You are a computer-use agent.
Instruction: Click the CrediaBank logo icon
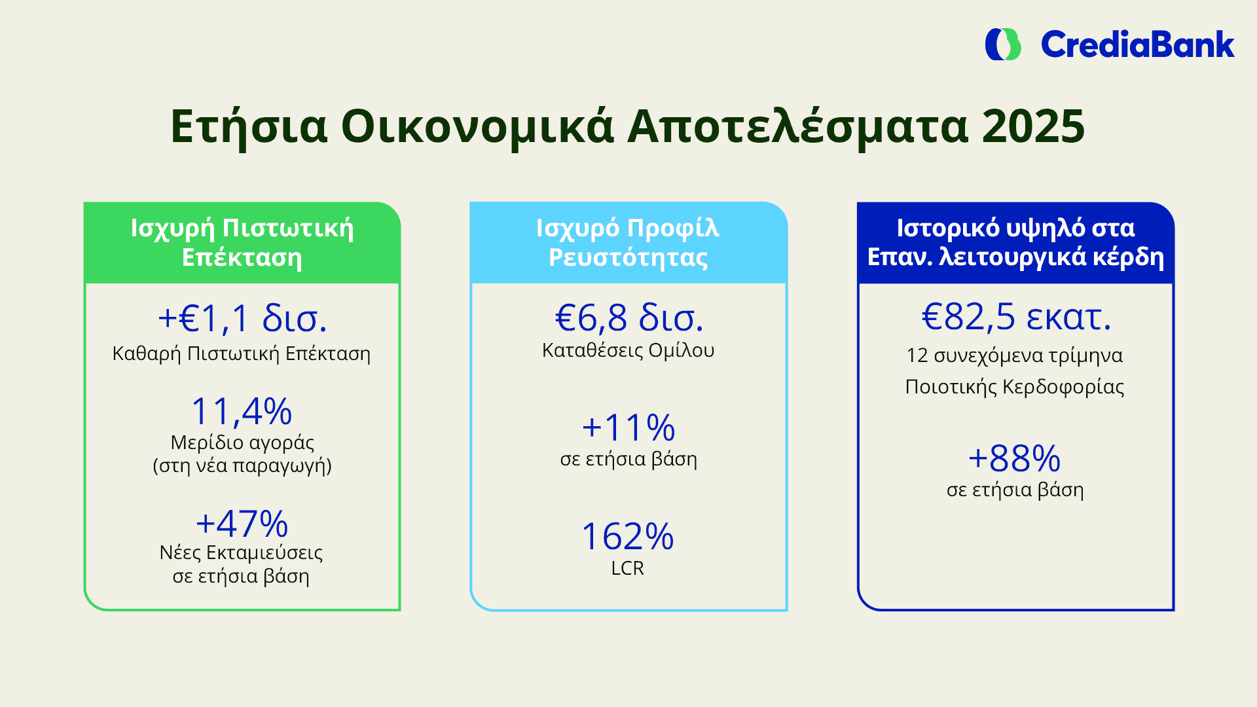(1003, 45)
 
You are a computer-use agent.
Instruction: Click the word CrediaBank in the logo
(1137, 45)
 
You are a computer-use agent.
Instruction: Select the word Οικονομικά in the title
(477, 126)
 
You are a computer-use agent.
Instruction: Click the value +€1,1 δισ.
(242, 319)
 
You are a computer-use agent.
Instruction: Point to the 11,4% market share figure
(242, 412)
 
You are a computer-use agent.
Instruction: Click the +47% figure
(242, 524)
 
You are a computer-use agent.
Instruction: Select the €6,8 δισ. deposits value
(628, 318)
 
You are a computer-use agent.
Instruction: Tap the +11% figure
(628, 427)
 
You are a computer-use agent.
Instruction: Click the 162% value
(628, 537)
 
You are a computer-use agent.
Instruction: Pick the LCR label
(628, 568)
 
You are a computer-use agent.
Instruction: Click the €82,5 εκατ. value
(1016, 317)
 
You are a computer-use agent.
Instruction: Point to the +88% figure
(1015, 458)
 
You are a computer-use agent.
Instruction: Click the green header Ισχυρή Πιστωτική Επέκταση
(242, 243)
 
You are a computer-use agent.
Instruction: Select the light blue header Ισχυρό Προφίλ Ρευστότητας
(628, 243)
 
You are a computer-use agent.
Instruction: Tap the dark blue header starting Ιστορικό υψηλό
(1016, 243)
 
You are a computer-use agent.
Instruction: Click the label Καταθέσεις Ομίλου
(628, 351)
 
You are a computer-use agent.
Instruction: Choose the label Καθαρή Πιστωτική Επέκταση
(242, 354)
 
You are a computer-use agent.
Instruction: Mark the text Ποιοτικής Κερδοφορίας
(1015, 387)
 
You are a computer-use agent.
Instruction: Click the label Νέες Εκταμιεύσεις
(241, 553)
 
